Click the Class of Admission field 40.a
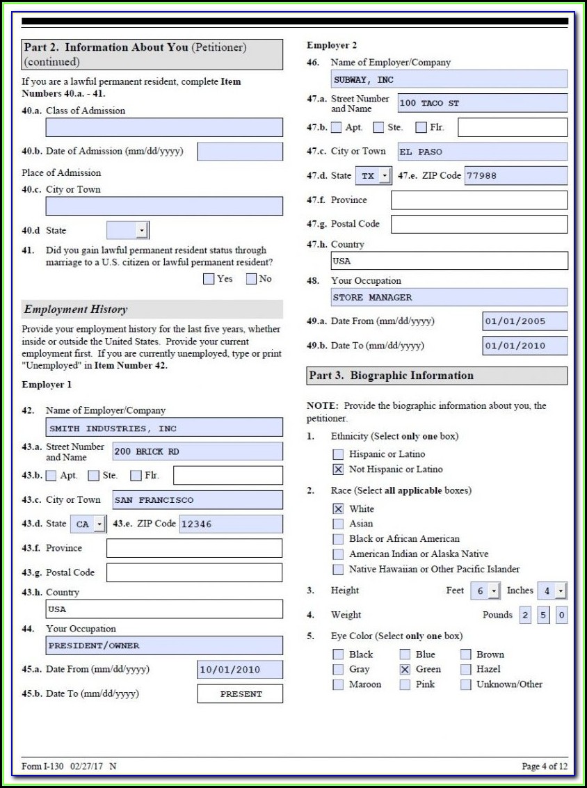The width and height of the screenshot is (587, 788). [164, 127]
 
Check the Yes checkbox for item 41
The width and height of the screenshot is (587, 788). [209, 279]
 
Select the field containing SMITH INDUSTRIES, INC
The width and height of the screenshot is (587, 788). [164, 428]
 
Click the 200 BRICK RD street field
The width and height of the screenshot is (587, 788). [198, 451]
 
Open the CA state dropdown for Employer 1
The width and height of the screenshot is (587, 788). [99, 524]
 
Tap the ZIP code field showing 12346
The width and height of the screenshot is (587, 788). [231, 524]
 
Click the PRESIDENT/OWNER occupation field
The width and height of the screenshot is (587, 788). [164, 645]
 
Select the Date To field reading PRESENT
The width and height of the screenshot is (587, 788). [240, 693]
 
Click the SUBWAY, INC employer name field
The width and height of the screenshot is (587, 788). [449, 79]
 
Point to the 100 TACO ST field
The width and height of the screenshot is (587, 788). [482, 103]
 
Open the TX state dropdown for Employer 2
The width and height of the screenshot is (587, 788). [385, 176]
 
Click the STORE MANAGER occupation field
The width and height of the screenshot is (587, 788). [449, 297]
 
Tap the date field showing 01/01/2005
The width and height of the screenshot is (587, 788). [524, 321]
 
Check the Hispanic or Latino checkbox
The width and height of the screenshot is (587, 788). [338, 454]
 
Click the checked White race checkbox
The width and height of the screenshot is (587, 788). [338, 509]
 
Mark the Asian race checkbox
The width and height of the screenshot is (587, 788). [338, 524]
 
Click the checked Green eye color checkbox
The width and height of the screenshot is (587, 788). [405, 669]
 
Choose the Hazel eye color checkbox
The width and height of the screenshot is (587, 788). [466, 669]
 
